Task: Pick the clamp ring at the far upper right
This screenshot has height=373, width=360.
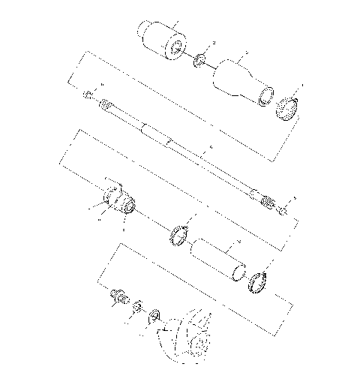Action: [289, 110]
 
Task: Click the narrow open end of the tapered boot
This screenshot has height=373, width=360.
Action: [264, 96]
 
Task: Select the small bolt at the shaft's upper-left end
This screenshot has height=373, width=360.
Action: [88, 95]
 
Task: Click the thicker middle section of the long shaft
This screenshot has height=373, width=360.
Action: [157, 136]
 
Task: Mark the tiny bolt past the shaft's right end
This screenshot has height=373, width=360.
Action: [282, 211]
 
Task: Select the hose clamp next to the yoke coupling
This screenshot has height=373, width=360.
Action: [178, 234]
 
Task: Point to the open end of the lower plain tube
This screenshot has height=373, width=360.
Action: [238, 275]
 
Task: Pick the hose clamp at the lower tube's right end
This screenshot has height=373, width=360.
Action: [256, 281]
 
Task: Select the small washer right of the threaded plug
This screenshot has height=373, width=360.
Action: [137, 308]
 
